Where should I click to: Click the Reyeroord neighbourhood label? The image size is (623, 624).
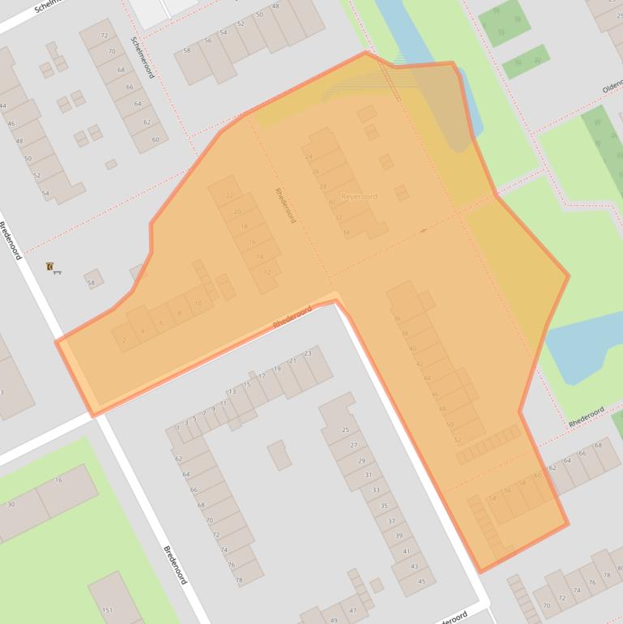click(x=358, y=196)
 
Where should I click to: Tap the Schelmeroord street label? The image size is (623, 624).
click(x=142, y=58)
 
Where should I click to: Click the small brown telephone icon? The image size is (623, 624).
click(x=50, y=267)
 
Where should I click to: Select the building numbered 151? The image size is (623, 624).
click(x=108, y=609)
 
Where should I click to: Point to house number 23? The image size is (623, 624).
click(x=308, y=353)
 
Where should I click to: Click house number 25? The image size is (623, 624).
click(x=346, y=430)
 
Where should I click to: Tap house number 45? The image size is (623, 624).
click(x=421, y=581)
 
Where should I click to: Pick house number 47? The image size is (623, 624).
click(x=352, y=609)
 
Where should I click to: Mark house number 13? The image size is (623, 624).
click(x=232, y=391)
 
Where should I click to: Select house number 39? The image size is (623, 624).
click(x=398, y=536)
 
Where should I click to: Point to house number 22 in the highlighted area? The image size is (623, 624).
click(x=229, y=195)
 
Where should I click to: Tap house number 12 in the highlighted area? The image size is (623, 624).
click(x=267, y=271)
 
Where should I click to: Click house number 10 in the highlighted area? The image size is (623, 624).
click(x=198, y=304)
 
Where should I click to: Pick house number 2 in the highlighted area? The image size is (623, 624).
click(x=124, y=341)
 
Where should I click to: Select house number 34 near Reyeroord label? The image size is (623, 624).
click(x=347, y=233)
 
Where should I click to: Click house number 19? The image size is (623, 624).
click(x=277, y=369)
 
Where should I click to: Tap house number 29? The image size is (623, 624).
click(x=361, y=459)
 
